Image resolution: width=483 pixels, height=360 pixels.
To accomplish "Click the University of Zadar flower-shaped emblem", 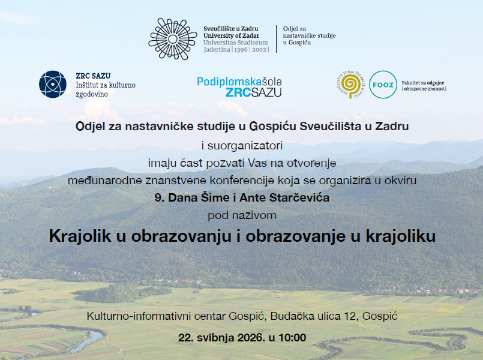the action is (x=173, y=39).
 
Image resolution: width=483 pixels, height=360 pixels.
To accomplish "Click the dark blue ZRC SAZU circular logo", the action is (x=53, y=85).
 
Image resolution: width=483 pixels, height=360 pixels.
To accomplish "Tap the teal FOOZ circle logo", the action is (x=383, y=85).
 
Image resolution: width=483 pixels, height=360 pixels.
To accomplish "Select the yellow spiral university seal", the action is (x=350, y=84).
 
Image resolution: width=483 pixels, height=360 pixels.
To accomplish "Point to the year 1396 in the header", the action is (x=241, y=50).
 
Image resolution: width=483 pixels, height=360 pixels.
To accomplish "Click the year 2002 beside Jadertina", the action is (x=259, y=50).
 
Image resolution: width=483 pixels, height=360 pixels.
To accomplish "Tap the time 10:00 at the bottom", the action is (x=292, y=338).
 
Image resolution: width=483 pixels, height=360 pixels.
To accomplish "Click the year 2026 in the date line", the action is (x=251, y=338).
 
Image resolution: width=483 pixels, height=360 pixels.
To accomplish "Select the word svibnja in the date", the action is (x=215, y=338).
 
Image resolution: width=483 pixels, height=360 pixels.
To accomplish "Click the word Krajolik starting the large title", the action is (x=80, y=236).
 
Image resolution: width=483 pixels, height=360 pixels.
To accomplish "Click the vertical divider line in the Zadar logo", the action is (x=277, y=39).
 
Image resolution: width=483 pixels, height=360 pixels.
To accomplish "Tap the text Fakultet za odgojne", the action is (x=423, y=83).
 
